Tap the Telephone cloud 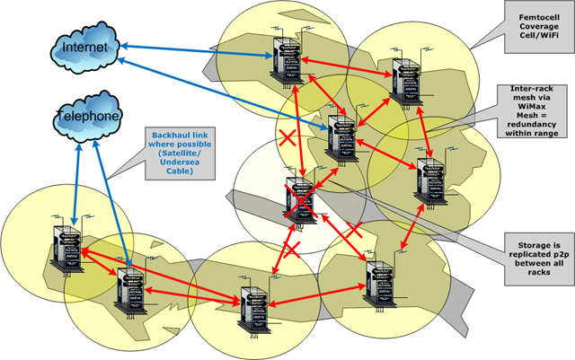click(87, 116)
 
